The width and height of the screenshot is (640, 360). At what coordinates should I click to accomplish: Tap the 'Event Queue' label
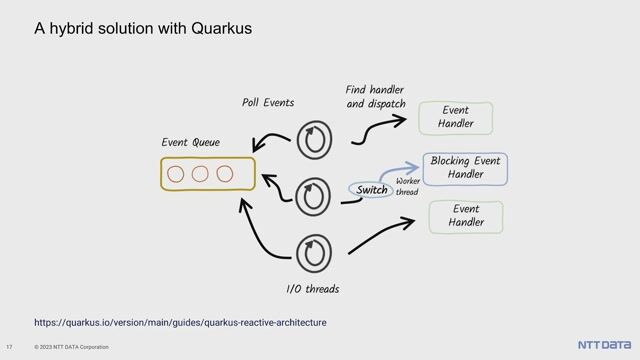coord(191,143)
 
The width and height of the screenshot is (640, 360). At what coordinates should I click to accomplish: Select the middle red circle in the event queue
coord(199,174)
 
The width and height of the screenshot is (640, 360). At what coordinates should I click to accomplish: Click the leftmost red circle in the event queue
coord(176,174)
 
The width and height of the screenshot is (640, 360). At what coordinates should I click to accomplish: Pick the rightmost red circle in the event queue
coord(224,174)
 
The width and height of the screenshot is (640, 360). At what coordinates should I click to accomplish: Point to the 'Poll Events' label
coord(268,102)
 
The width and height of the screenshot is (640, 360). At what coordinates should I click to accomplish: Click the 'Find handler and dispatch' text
coord(375,96)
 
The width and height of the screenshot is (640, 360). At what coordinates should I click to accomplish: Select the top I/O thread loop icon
coord(314,140)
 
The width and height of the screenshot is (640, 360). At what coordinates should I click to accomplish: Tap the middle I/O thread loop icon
coord(316,194)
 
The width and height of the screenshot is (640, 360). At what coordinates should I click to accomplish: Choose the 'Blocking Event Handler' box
coord(465,168)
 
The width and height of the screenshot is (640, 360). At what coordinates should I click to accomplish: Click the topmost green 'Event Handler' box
coord(455,117)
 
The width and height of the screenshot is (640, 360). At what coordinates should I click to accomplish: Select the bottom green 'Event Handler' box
coord(466,216)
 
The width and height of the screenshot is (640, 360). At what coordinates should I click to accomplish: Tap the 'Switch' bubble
coord(371,190)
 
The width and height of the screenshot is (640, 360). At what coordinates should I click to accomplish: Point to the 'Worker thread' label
coord(407,186)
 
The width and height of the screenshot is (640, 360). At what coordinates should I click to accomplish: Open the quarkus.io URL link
coord(180,323)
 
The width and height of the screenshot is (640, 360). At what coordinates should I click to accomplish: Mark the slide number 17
coord(9,347)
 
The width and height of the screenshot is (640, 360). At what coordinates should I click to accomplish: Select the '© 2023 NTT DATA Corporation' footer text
coord(71,347)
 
